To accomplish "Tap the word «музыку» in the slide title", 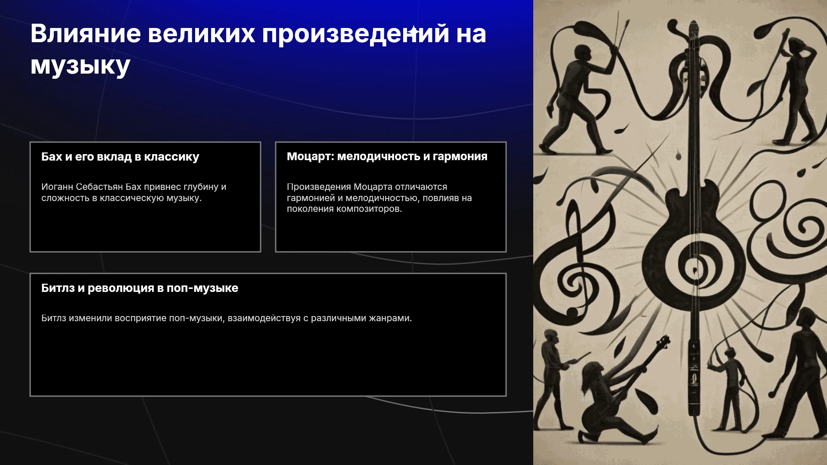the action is pyautogui.click(x=80, y=66).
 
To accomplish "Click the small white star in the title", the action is pyautogui.click(x=413, y=31).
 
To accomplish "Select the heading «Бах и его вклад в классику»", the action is pyautogui.click(x=120, y=157).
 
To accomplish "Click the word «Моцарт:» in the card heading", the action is pyautogui.click(x=311, y=156).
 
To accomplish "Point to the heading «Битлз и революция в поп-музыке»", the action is pyautogui.click(x=140, y=288).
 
